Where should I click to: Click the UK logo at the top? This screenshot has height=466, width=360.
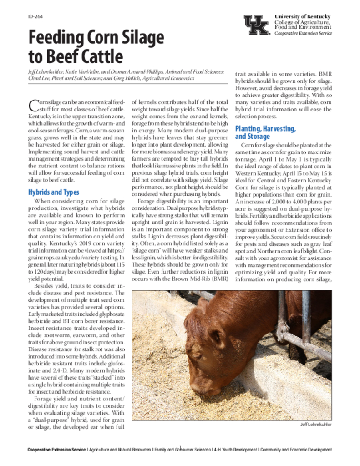point(256,25)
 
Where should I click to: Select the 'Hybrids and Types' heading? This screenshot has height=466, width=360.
point(53,192)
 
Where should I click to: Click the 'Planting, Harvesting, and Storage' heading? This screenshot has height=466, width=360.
point(265,132)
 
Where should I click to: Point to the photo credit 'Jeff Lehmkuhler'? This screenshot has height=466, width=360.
point(316,424)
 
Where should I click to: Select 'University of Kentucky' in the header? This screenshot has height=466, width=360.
point(302,17)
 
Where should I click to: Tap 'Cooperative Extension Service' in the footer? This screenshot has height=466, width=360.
point(56,450)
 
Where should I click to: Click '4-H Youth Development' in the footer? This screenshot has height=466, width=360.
point(235,450)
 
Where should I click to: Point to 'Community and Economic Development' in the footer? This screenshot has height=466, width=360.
point(296,450)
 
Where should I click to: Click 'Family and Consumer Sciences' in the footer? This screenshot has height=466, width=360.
point(182,450)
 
